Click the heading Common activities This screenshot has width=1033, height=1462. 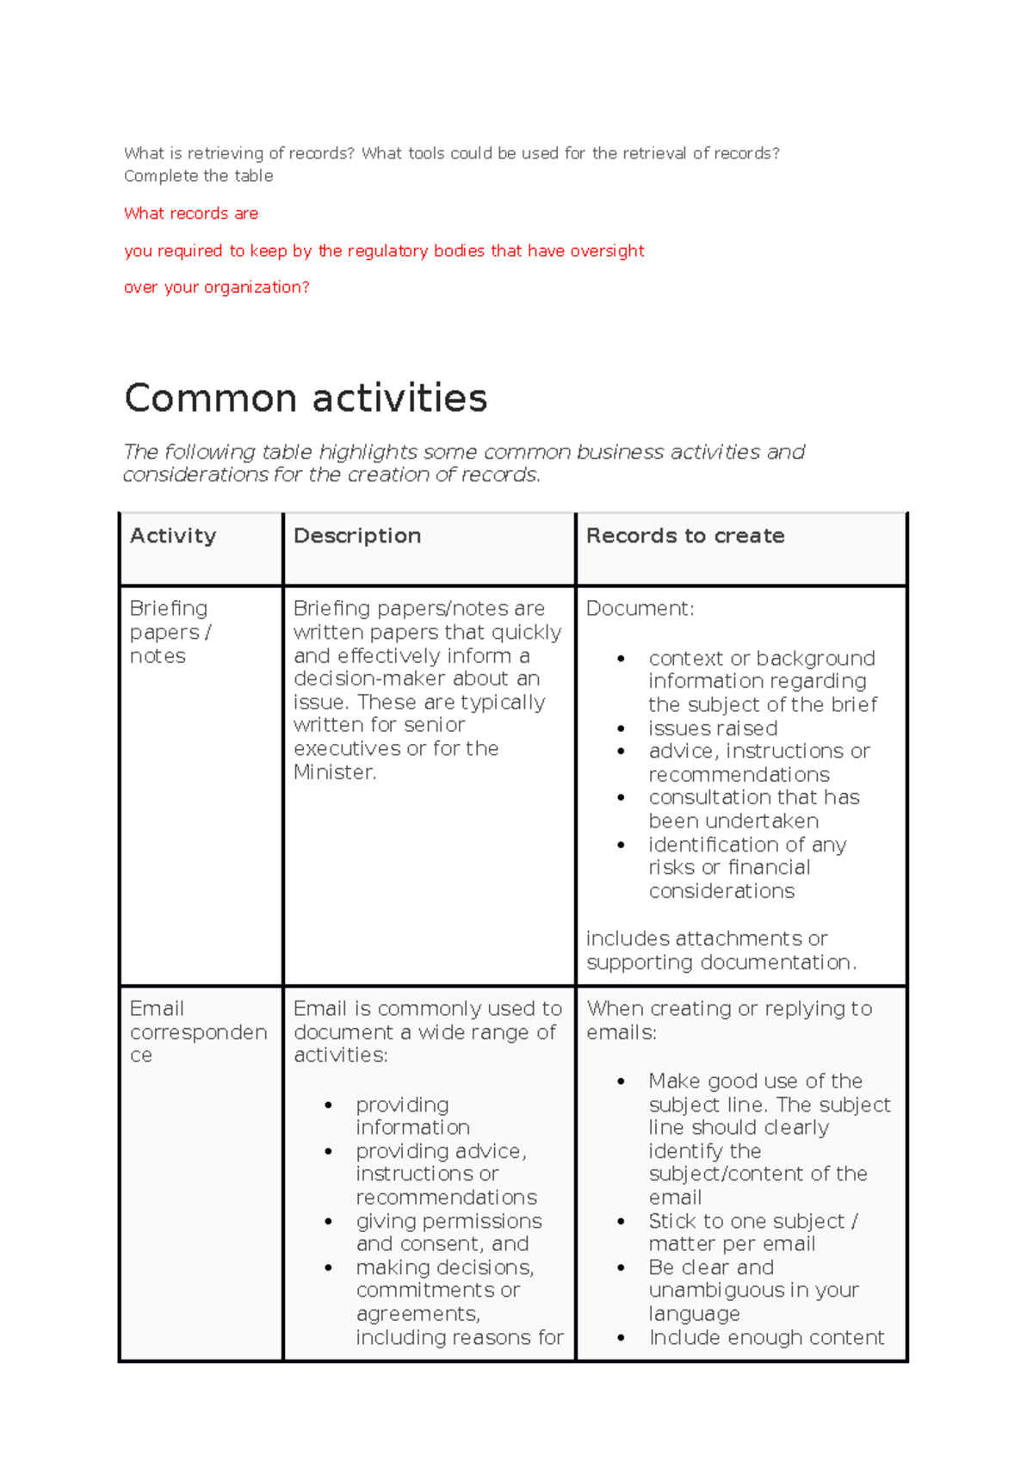[x=306, y=399]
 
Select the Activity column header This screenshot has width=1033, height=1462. [x=173, y=536]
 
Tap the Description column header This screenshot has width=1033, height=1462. [x=357, y=536]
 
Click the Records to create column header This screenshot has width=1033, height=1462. [x=685, y=536]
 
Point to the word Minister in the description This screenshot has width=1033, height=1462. [x=333, y=772]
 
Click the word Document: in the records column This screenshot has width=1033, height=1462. [x=640, y=609]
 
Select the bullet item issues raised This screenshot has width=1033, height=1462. [x=713, y=728]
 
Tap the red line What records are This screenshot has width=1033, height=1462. [x=191, y=214]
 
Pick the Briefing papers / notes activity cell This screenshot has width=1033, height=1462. [x=170, y=632]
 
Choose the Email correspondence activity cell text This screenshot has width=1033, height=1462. [x=197, y=1031]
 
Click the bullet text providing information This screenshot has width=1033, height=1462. [x=411, y=1116]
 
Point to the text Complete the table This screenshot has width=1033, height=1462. [x=199, y=176]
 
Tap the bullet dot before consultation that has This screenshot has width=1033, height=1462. [x=621, y=798]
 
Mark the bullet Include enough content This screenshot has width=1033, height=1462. [x=766, y=1337]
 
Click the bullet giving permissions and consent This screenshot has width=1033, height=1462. [x=448, y=1232]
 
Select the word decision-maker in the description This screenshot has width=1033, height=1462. [x=368, y=678]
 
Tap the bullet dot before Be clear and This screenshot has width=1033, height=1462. [x=621, y=1268]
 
